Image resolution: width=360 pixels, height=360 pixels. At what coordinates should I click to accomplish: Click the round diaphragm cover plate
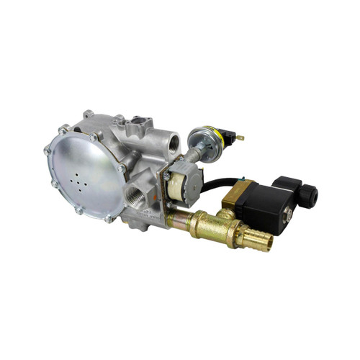coord(85,173)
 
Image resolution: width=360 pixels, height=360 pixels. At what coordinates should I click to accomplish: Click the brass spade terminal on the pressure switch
coord(240,137)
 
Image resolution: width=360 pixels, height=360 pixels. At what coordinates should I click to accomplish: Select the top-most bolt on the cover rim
coord(87,114)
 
